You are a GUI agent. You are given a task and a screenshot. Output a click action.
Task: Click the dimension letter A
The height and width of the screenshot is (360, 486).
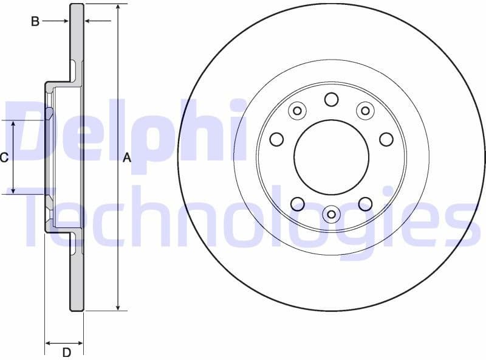click(x=127, y=158)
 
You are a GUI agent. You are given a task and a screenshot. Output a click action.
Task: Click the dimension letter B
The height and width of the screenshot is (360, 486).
click(x=35, y=22)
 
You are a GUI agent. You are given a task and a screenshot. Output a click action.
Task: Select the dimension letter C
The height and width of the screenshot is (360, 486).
click(x=4, y=158)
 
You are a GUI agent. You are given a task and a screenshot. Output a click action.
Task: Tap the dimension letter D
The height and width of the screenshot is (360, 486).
click(x=67, y=352)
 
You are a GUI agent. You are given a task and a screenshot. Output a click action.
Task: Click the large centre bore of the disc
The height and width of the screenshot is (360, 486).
click(x=331, y=157)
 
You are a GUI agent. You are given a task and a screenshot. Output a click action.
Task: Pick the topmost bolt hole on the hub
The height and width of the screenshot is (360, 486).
click(x=331, y=99)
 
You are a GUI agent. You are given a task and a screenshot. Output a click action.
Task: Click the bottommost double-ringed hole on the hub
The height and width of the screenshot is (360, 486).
click(x=331, y=213)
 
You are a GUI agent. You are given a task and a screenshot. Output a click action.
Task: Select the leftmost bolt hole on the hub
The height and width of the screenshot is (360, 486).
click(x=276, y=139)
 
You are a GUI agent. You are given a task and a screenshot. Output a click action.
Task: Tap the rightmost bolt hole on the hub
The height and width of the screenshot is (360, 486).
click(x=386, y=139)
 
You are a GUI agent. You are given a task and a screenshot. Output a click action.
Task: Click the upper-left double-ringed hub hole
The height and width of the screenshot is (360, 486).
click(x=297, y=110)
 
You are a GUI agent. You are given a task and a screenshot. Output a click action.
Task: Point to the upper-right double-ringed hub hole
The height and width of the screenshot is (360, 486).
click(x=364, y=110)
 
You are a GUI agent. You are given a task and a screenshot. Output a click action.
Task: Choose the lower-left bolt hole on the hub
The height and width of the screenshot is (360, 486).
click(x=297, y=204)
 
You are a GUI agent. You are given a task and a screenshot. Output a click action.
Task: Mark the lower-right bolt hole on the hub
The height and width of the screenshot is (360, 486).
click(x=365, y=204)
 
